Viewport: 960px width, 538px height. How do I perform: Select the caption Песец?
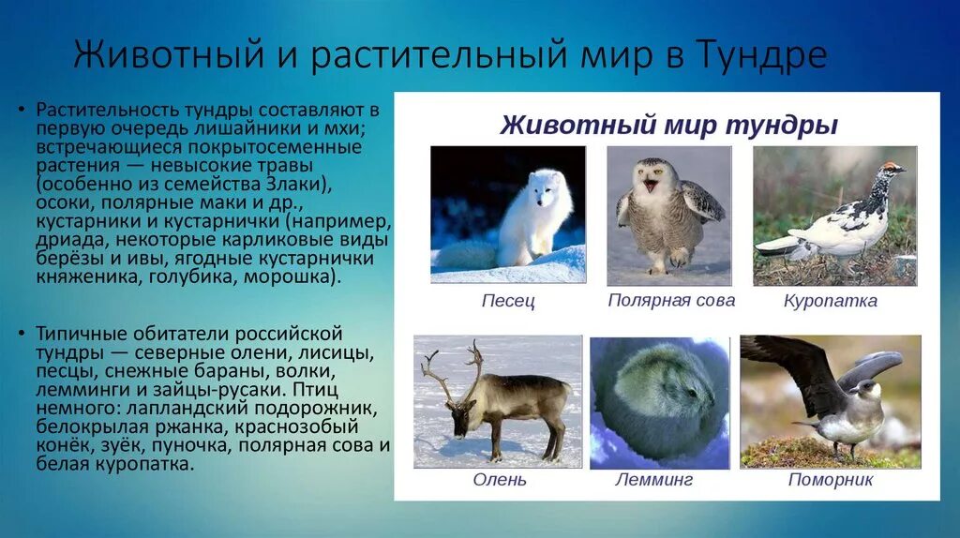pyautogui.click(x=508, y=301)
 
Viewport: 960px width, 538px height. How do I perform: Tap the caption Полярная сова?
pyautogui.click(x=671, y=301)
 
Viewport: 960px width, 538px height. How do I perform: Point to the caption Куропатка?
pyautogui.click(x=831, y=301)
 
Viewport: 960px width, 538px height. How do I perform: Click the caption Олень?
pyautogui.click(x=499, y=479)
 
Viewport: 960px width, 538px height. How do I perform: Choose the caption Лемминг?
pyautogui.click(x=653, y=479)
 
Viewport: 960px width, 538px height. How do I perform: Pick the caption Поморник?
pyautogui.click(x=831, y=479)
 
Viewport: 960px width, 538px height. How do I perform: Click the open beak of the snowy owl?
pyautogui.click(x=651, y=185)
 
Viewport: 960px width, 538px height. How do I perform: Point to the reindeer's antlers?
pyautogui.click(x=450, y=373)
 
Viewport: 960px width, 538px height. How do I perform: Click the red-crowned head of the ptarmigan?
pyautogui.click(x=892, y=170)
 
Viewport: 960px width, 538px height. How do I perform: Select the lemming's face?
pyautogui.click(x=697, y=401)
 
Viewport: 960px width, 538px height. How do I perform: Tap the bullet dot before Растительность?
pyautogui.click(x=22, y=111)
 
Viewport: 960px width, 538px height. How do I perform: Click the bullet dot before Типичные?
pyautogui.click(x=22, y=335)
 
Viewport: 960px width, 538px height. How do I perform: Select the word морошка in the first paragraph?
pyautogui.click(x=291, y=277)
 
